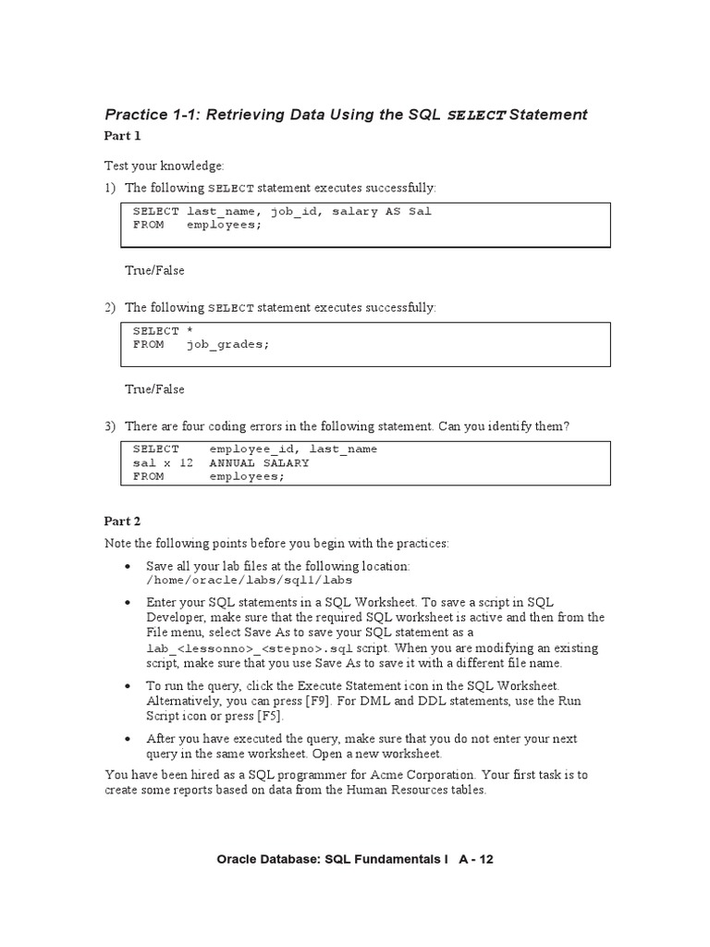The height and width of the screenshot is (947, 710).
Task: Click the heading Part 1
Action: [x=123, y=136]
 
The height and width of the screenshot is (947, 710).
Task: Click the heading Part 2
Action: [x=123, y=522]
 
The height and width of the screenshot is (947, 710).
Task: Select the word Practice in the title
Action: [x=138, y=115]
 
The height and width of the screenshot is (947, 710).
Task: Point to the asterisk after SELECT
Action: [x=190, y=331]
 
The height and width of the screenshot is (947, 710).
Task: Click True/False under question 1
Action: [x=154, y=271]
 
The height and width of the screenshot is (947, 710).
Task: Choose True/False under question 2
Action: [x=154, y=389]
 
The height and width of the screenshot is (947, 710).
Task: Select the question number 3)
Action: [x=110, y=426]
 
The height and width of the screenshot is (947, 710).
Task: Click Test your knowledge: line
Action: [x=165, y=166]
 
